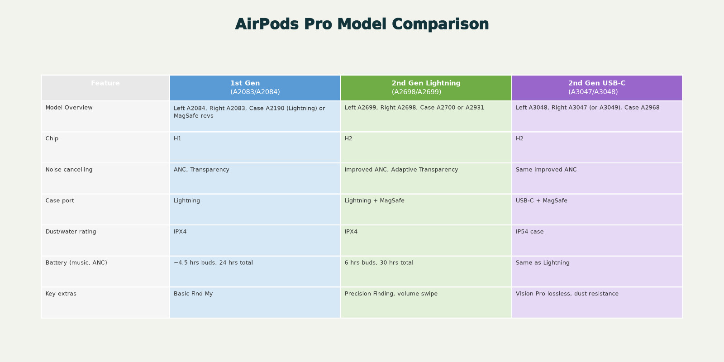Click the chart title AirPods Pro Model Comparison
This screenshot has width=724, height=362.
tap(362, 24)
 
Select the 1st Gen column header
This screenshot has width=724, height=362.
tap(255, 88)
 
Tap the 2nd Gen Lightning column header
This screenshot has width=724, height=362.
tap(426, 88)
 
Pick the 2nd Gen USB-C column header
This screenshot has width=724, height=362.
tap(597, 88)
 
